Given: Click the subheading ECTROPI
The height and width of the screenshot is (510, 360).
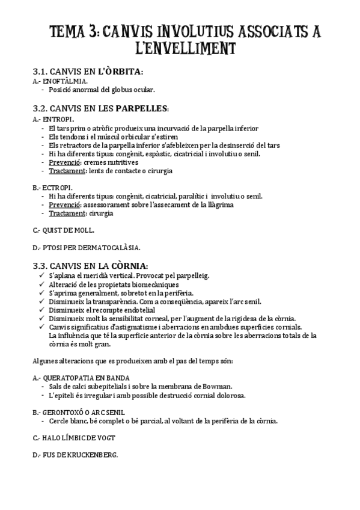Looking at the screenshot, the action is click(x=58, y=187).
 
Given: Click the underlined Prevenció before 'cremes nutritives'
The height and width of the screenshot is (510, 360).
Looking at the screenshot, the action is click(x=64, y=162).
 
